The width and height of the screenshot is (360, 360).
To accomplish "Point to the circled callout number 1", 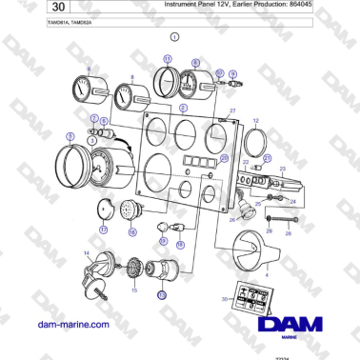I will [x=174, y=39].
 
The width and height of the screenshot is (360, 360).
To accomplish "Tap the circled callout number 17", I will [x=103, y=230].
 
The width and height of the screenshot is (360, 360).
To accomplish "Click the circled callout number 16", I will [x=132, y=231].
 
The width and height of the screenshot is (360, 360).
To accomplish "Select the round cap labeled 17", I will [x=108, y=211].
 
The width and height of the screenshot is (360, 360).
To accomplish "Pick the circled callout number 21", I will [x=268, y=158].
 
